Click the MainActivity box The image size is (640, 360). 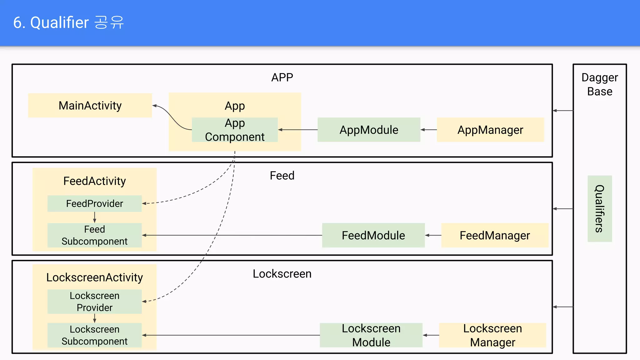pos(90,106)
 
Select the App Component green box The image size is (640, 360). pos(235,130)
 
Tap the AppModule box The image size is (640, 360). pos(369,130)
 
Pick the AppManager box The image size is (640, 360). pos(490,130)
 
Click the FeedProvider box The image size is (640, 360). pos(94,203)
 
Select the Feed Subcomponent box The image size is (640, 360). pos(94,235)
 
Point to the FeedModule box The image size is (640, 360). pos(373,235)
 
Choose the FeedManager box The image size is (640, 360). pos(495,235)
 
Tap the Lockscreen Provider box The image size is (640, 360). pos(94,302)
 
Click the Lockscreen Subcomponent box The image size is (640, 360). pos(94,335)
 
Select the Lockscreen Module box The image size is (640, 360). pos(371,335)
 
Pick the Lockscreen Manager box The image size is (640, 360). pos(492,335)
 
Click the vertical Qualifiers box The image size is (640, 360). pos(599,208)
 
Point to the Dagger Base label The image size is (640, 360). pos(599,84)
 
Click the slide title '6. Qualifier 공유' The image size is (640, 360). pos(68,22)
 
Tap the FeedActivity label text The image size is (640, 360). pos(94,181)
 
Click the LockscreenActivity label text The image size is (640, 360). pos(94,277)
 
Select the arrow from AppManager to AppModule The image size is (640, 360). pos(428,130)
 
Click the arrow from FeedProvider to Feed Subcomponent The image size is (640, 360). pos(95,217)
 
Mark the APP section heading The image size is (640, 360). pos(282,77)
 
